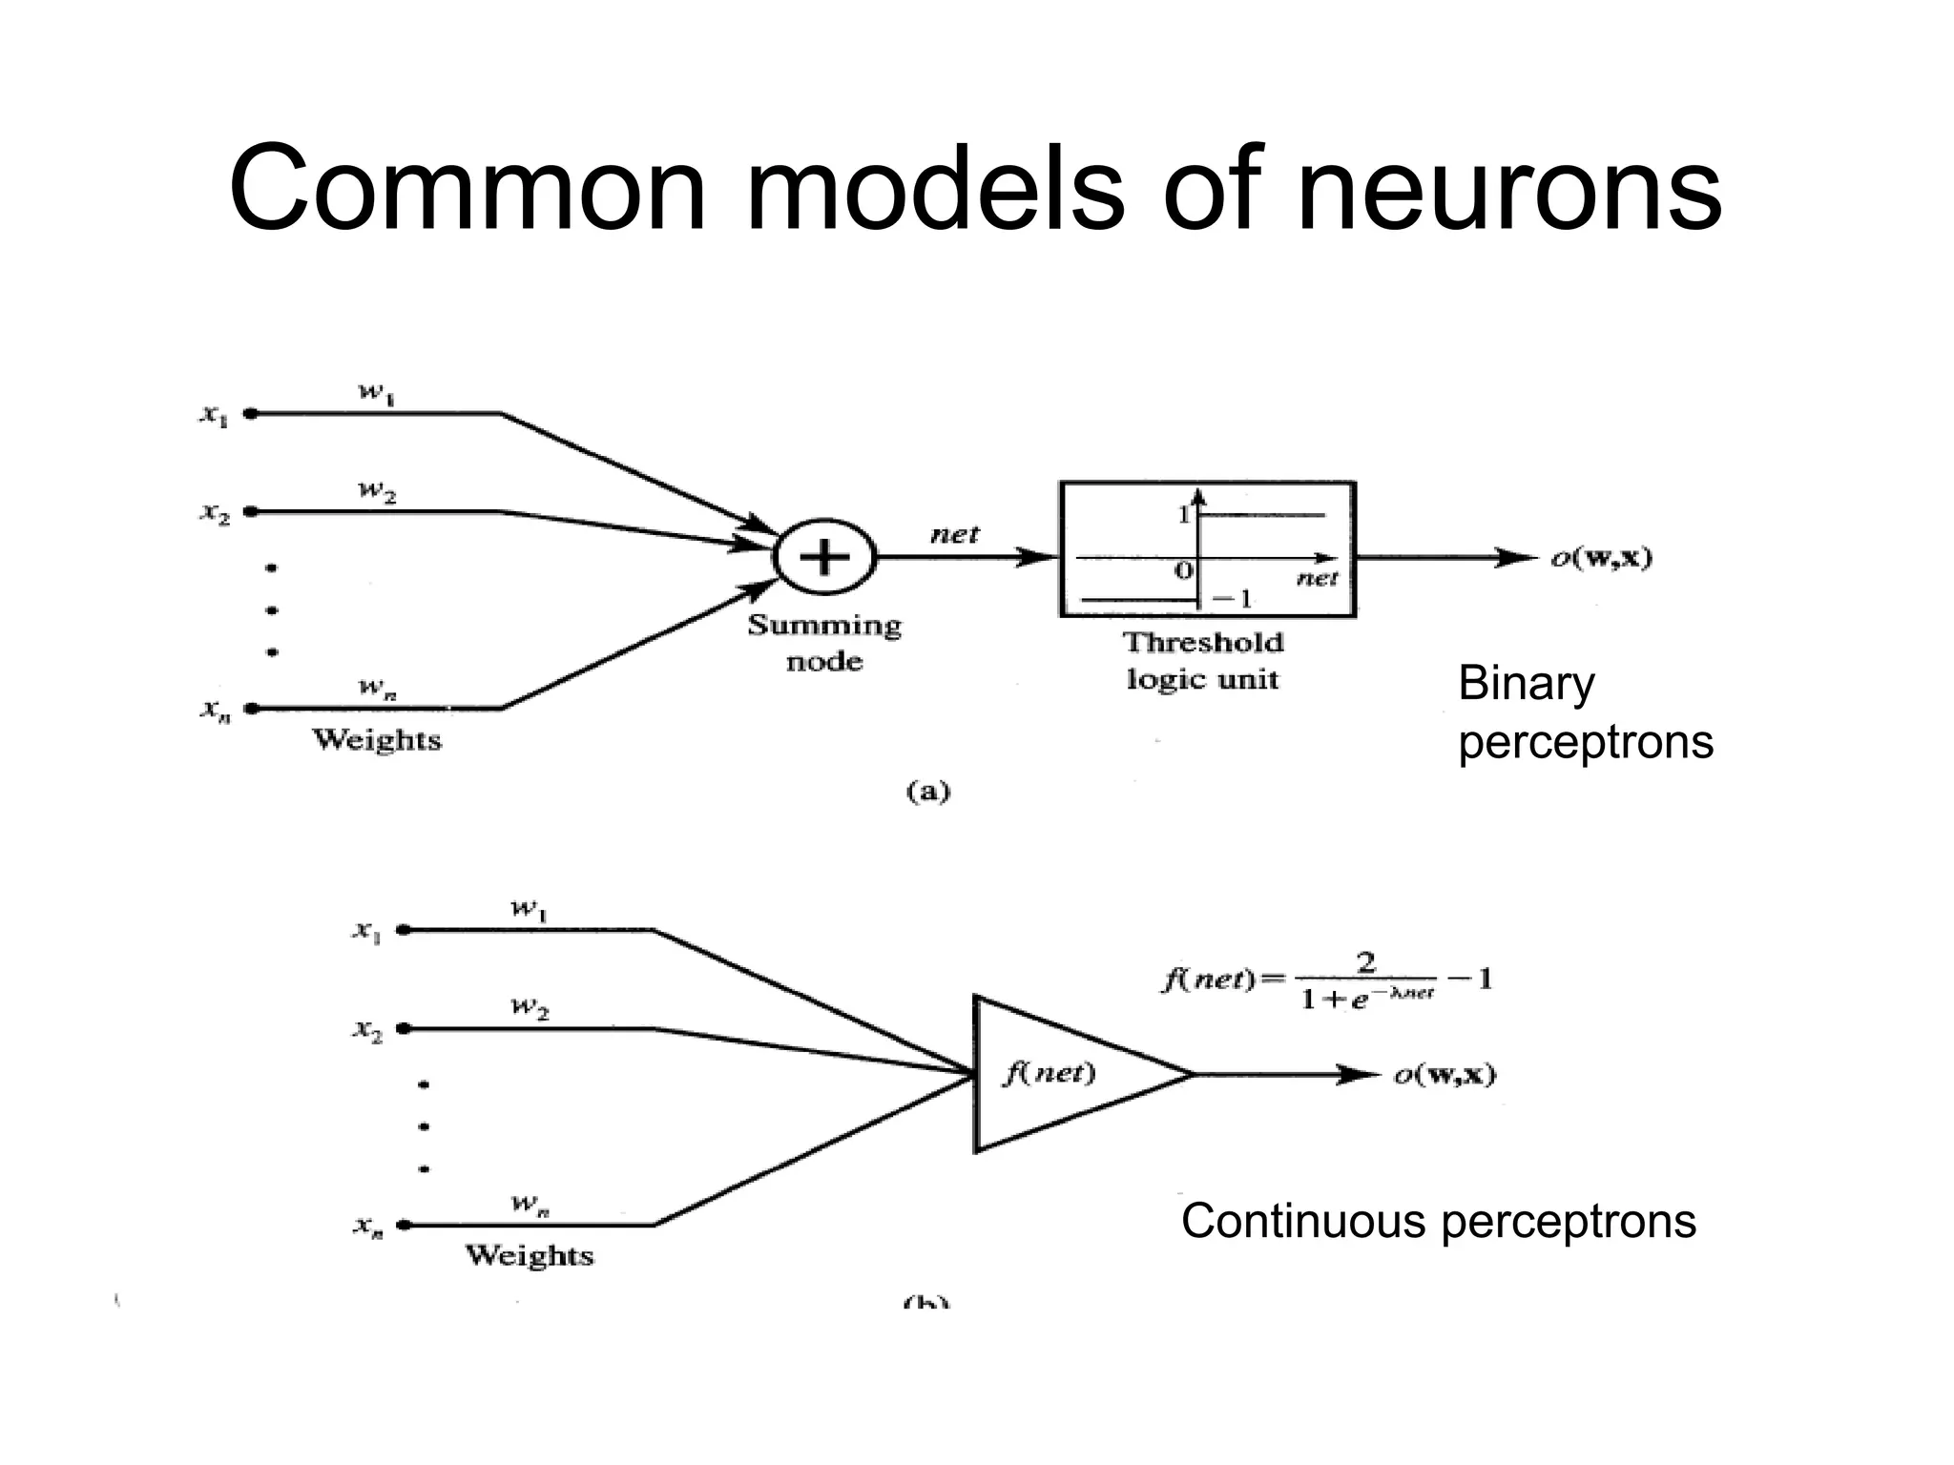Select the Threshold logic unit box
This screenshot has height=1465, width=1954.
coord(1207,550)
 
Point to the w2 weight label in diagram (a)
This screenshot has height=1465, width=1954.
coord(377,492)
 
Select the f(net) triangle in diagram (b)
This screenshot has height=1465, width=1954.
coord(1059,1074)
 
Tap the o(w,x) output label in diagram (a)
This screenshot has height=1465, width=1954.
coord(1600,558)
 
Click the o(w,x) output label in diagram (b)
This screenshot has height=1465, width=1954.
coord(1445,1075)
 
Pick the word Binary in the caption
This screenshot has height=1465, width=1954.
coord(1526,684)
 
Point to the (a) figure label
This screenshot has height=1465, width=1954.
coord(926,792)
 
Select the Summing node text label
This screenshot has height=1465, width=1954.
coord(824,643)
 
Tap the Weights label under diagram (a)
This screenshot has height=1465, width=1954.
coord(377,740)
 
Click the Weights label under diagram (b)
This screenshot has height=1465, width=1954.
coord(529,1255)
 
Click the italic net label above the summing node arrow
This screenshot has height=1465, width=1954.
coord(954,534)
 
